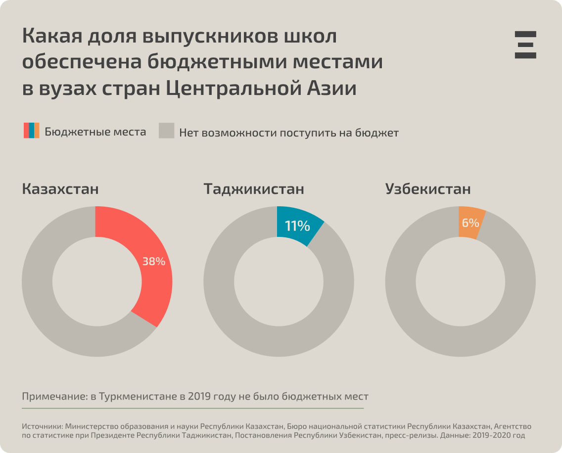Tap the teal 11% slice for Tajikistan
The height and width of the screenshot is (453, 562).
coord(297,226)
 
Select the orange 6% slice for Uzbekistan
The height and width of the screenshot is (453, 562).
coord(470,223)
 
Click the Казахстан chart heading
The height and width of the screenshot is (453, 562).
coord(60,189)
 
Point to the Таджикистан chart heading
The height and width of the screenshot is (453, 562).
coord(254,189)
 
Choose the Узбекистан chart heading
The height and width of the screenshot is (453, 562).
coord(428,189)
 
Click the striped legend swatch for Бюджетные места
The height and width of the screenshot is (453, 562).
coord(31,131)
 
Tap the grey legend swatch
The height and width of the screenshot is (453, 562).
coord(166,131)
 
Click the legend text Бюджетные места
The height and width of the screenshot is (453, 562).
coord(95,132)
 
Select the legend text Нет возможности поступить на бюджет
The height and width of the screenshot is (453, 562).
coord(288,133)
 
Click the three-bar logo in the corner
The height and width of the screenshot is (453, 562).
coord(525,45)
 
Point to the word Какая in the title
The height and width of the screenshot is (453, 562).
coord(52,37)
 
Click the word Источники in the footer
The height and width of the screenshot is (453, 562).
coord(42,426)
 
